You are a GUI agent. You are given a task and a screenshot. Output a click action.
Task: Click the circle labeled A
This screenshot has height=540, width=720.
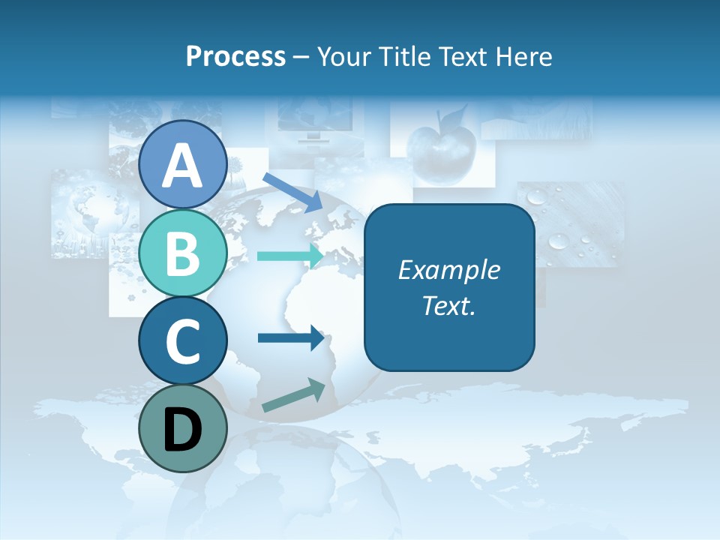click(x=182, y=164)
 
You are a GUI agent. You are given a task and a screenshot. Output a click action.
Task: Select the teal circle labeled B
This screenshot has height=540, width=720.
click(x=182, y=253)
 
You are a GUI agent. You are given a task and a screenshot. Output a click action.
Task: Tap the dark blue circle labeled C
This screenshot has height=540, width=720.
click(x=182, y=341)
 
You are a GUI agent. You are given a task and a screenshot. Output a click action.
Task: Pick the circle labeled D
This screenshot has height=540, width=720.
click(x=182, y=428)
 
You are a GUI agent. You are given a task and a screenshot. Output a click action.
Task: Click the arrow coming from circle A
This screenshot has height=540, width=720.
click(x=292, y=191)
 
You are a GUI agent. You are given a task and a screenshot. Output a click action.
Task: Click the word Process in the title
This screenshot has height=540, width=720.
click(x=235, y=56)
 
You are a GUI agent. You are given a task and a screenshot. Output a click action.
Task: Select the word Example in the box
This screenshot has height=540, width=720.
click(x=449, y=270)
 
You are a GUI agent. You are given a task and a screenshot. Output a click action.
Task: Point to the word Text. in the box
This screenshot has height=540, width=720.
click(x=449, y=305)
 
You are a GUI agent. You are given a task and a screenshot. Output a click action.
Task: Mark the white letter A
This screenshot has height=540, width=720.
click(x=182, y=166)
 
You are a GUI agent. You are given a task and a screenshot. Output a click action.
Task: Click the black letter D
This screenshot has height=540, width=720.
click(x=182, y=430)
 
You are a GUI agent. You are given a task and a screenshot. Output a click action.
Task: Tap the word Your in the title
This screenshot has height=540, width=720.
click(x=342, y=56)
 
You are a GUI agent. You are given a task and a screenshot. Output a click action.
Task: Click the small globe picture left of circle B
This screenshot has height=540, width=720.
click(x=82, y=214)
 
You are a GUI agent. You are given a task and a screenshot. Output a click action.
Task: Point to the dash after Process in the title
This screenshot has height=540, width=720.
click(x=301, y=57)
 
